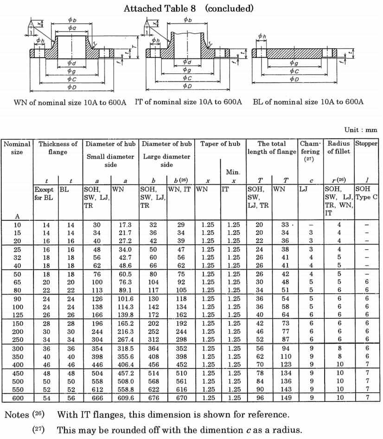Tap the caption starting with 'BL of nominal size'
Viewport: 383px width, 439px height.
308,102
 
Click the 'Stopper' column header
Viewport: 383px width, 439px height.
366,143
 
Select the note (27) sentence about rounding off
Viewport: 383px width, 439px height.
179,430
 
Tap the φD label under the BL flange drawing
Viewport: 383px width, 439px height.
294,79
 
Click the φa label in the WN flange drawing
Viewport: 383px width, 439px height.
71,28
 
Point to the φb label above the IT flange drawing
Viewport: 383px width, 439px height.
188,20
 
